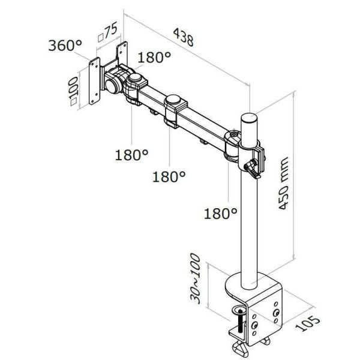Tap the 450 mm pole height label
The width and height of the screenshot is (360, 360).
(x=283, y=183)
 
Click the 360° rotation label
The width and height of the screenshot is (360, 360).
(x=65, y=45)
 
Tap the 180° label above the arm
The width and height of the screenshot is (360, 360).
(x=154, y=58)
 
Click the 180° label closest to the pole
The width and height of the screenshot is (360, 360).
(x=220, y=213)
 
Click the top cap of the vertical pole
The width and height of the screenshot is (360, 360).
(x=249, y=116)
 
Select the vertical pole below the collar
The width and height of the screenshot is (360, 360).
(x=248, y=228)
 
